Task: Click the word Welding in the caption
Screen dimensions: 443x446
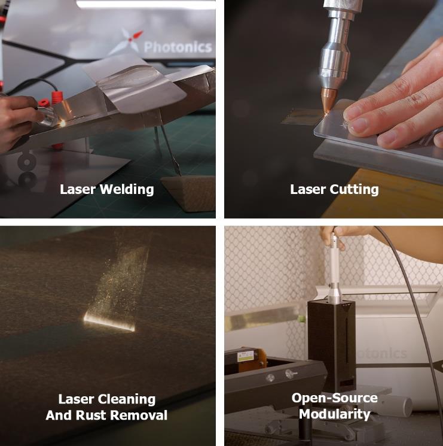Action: click(127, 190)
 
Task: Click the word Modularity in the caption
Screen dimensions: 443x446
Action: click(335, 414)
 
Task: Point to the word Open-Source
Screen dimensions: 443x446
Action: click(335, 398)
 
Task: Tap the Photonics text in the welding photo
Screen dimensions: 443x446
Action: click(178, 47)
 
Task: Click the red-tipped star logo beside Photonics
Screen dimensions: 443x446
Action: click(126, 42)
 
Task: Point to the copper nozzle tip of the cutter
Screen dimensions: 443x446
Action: click(328, 101)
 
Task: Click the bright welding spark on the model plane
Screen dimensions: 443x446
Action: click(62, 123)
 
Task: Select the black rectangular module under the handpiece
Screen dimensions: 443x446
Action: click(331, 345)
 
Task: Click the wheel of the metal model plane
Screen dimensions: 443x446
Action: click(26, 162)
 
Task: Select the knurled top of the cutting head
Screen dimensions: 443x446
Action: click(343, 5)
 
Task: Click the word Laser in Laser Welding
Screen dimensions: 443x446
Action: click(78, 190)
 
